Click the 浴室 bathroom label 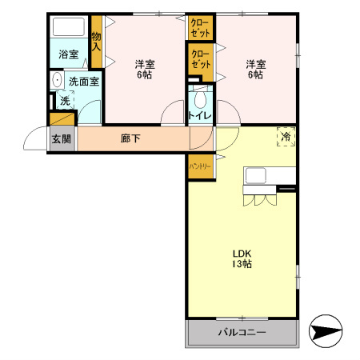pos(69,54)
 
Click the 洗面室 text pos(83,81)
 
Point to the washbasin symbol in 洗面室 pos(56,80)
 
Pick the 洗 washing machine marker pos(63,101)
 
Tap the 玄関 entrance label pos(62,138)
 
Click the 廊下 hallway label pos(130,138)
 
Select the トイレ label pos(199,116)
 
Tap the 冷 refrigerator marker pos(286,137)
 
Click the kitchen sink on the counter pos(256,175)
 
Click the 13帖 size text pos(242,264)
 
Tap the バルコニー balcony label pos(242,332)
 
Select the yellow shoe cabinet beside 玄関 pos(62,119)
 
